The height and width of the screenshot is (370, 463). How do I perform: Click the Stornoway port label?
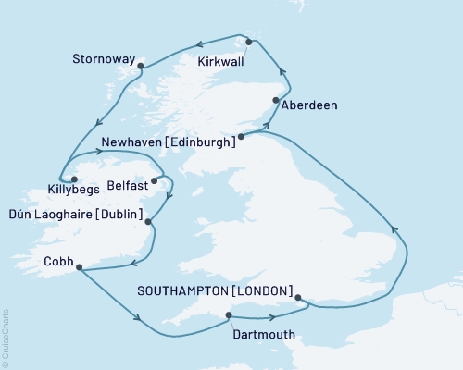pyautogui.click(x=105, y=57)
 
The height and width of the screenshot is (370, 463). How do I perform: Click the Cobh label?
pyautogui.click(x=57, y=261)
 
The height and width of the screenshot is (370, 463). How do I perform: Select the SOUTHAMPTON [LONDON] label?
pyautogui.click(x=215, y=290)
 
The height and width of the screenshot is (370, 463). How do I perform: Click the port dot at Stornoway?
pyautogui.click(x=140, y=66)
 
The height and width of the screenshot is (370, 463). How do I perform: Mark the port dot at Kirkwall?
pyautogui.click(x=248, y=41)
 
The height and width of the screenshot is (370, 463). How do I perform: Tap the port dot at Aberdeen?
pyautogui.click(x=275, y=100)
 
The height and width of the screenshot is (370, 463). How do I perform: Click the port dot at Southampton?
pyautogui.click(x=297, y=298)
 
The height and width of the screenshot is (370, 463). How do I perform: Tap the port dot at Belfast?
pyautogui.click(x=154, y=181)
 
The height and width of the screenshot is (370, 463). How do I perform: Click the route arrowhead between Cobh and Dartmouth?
pyautogui.click(x=141, y=320)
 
